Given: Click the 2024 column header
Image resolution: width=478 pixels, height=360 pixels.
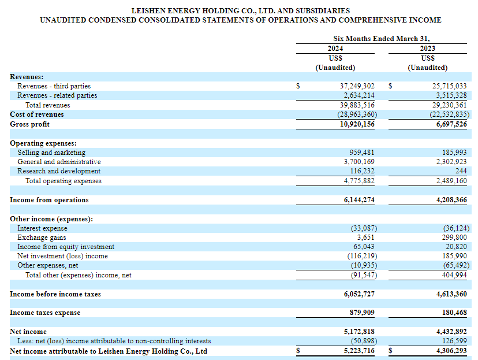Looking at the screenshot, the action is [x=335, y=49].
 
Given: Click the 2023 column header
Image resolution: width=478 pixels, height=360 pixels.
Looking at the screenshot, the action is [x=427, y=49].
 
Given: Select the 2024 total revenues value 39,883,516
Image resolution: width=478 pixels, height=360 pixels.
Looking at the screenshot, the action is [x=357, y=105].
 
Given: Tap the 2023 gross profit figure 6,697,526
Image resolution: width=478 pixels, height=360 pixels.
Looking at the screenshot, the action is [x=451, y=124].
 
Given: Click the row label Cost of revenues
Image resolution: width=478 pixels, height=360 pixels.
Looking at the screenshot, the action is [x=37, y=114].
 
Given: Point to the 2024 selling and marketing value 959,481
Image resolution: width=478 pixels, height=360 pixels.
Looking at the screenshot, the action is [x=361, y=153].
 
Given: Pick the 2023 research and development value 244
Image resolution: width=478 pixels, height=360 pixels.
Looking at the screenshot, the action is [x=461, y=171].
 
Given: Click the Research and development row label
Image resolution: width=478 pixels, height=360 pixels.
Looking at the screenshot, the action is [x=59, y=171].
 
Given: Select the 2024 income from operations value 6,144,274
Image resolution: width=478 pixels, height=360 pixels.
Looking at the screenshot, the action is [x=359, y=200].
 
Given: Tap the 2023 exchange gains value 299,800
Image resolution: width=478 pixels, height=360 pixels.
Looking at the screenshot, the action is [x=454, y=237].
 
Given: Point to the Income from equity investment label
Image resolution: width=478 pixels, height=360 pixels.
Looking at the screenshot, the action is [x=66, y=247].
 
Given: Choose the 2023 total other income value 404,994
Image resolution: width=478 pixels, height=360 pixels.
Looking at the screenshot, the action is [x=454, y=275].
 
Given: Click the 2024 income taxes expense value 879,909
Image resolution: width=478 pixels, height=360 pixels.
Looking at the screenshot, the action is [x=362, y=313].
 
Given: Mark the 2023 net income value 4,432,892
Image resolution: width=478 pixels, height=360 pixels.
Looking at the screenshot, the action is [x=451, y=332].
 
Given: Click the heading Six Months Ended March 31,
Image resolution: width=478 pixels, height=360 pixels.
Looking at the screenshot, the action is [x=382, y=39].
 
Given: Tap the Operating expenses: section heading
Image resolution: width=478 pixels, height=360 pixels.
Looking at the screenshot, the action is [x=43, y=143].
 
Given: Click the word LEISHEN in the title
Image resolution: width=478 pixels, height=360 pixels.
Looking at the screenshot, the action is [x=148, y=10].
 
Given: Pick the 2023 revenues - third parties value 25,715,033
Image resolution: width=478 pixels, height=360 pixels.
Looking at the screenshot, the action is [x=449, y=86].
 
